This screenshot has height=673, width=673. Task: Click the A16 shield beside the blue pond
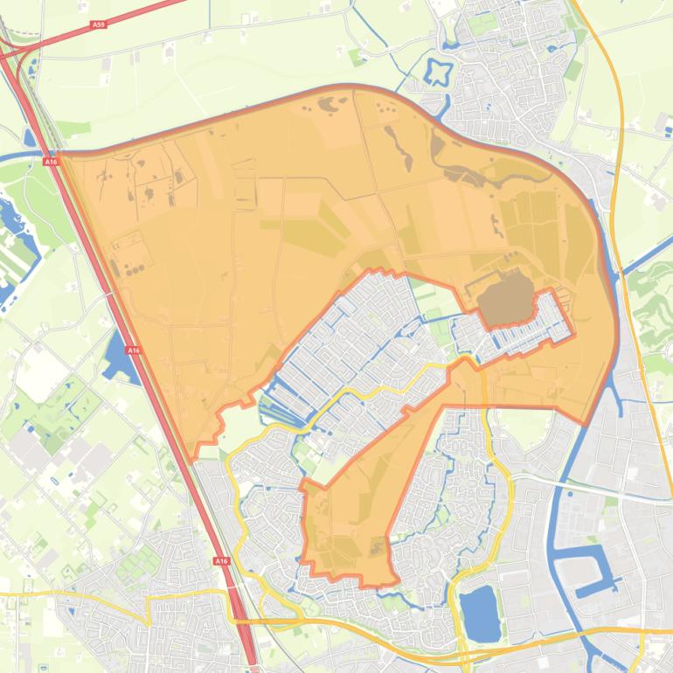point(133,350)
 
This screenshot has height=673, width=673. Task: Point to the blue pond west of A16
point(114,357)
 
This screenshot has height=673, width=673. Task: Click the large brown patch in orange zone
point(505,297)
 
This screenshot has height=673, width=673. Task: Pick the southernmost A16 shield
point(221,561)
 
